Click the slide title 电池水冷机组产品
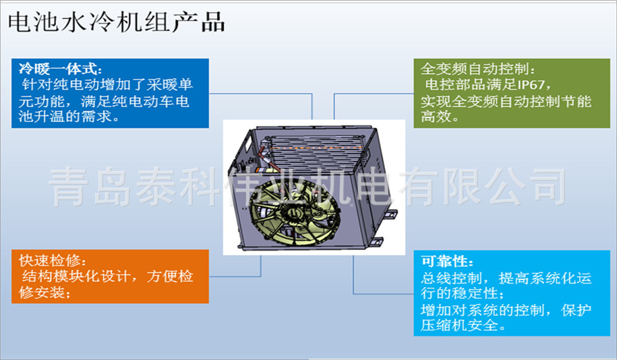tap(117, 22)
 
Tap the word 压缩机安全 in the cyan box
tap(459, 326)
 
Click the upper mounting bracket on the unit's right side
tap(390, 215)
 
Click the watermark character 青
tap(69, 187)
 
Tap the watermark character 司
tap(548, 187)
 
